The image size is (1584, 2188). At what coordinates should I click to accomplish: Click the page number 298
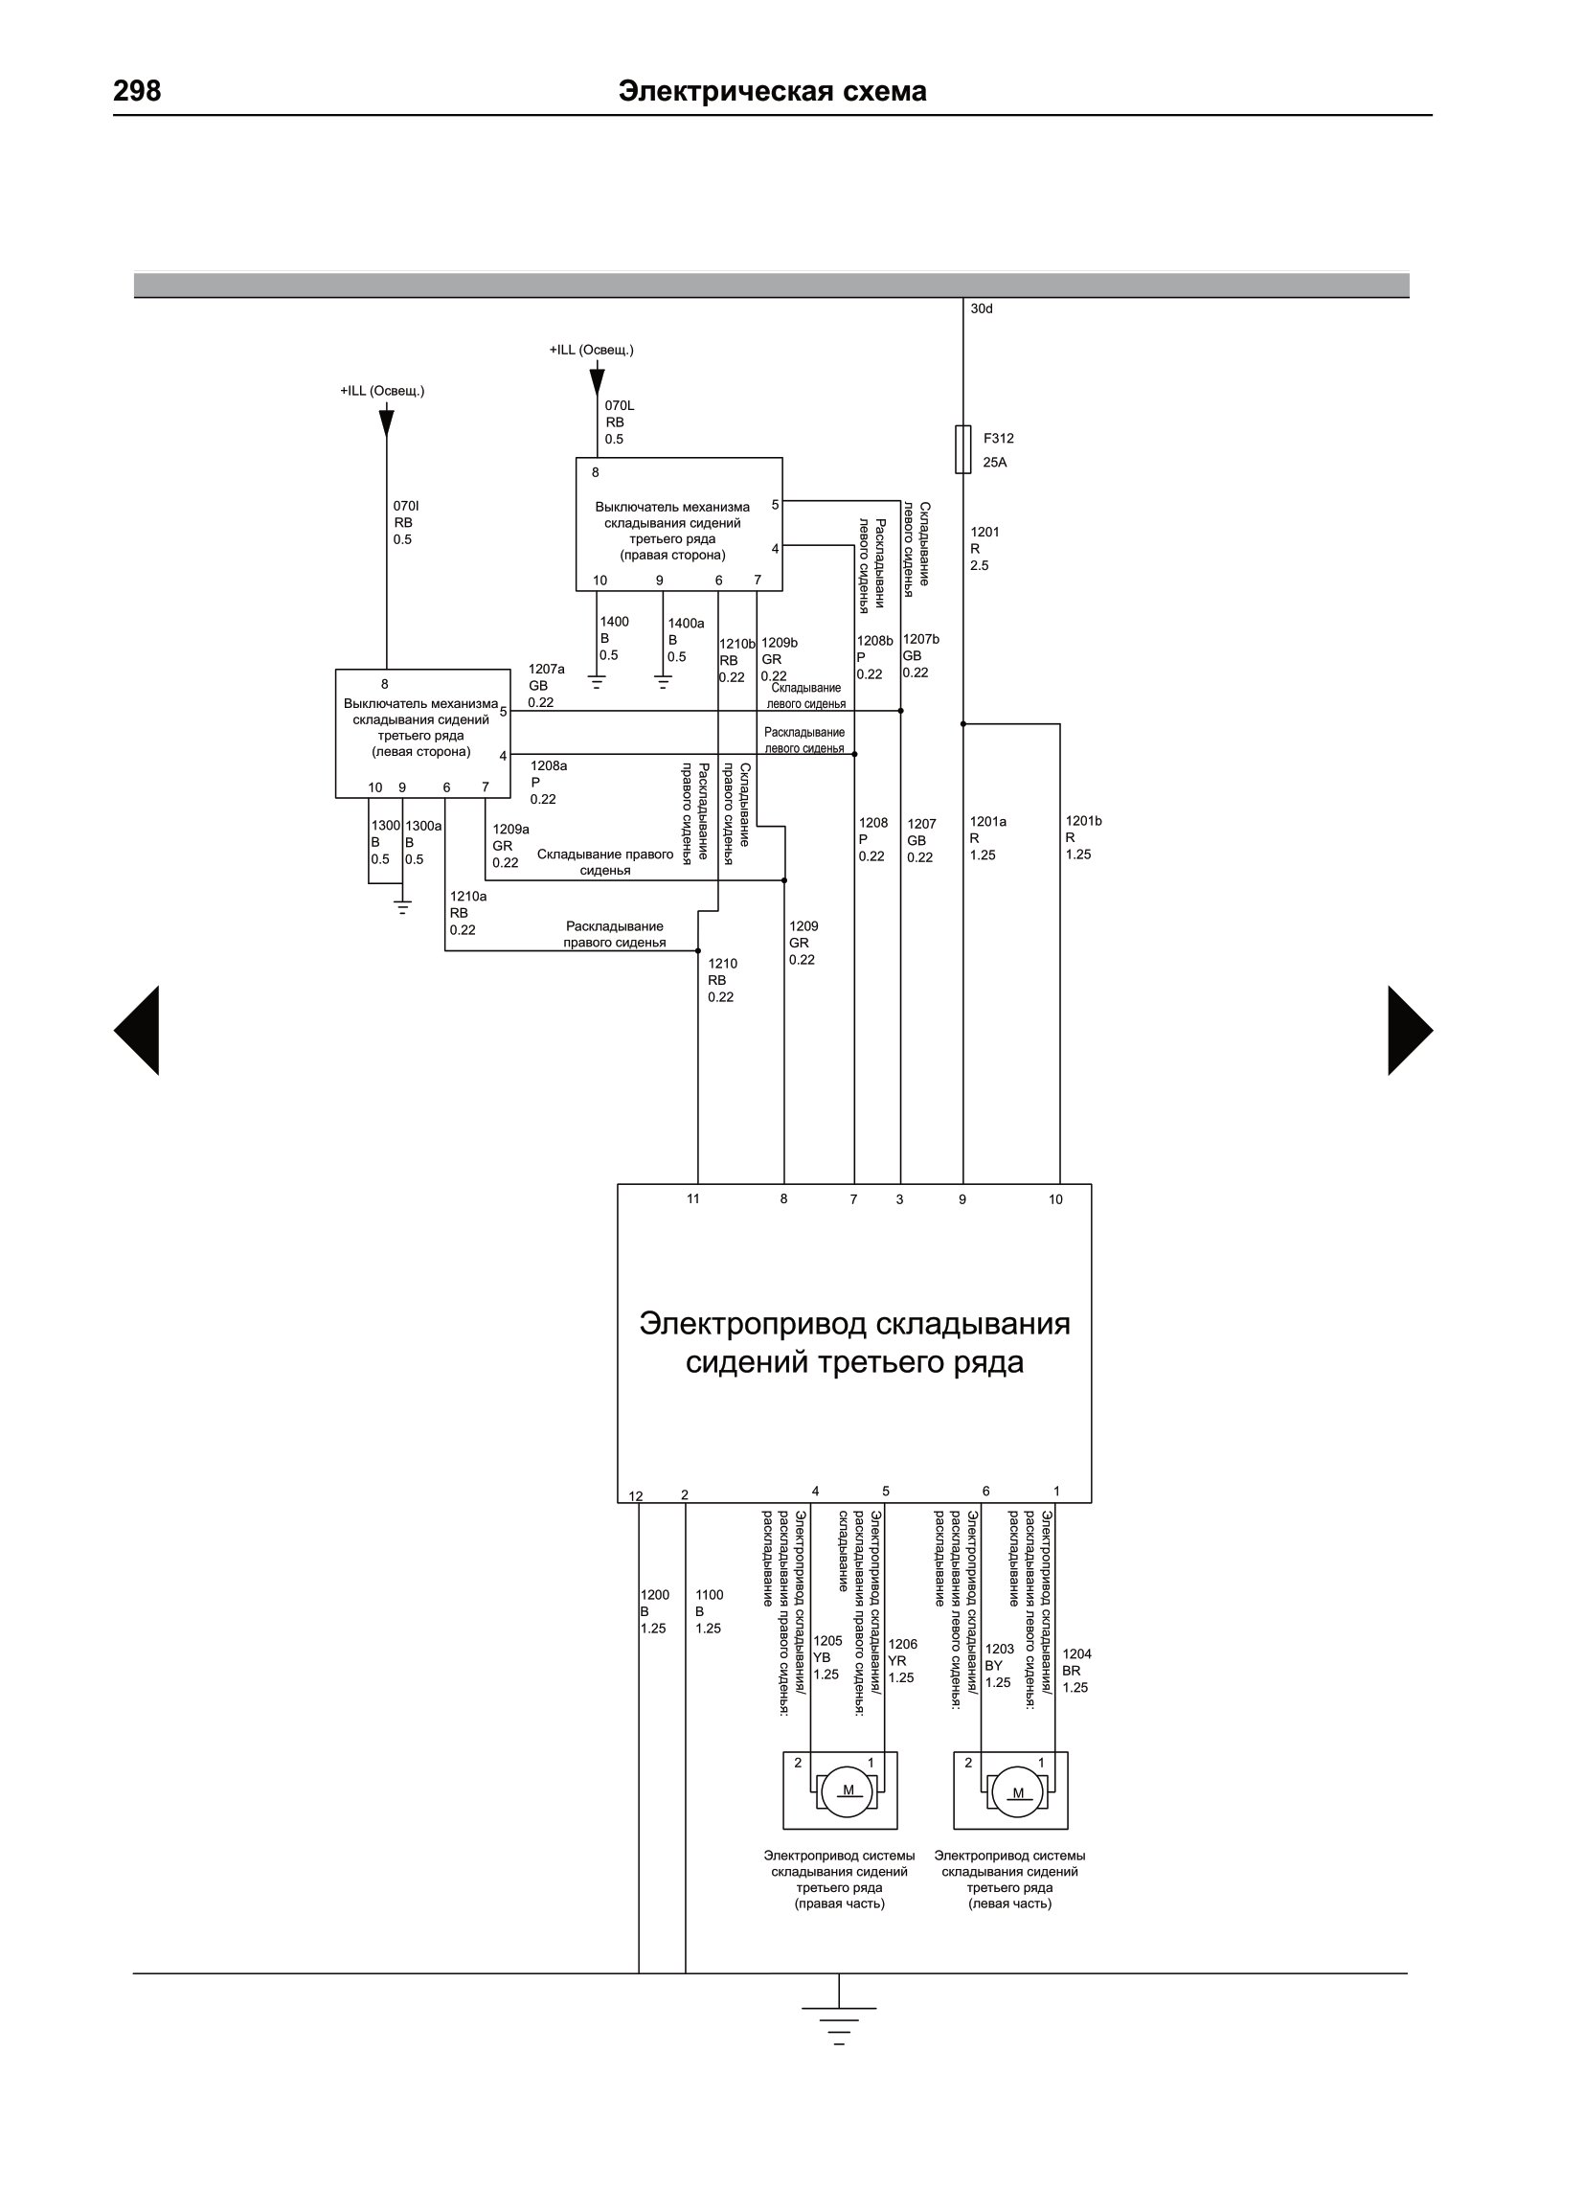pos(137,91)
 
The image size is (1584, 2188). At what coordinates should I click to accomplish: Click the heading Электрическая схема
pos(772,91)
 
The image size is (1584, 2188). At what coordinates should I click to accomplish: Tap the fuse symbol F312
pos(962,449)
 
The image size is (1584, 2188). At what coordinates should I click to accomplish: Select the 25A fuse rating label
pos(995,462)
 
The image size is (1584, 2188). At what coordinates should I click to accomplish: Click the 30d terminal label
pos(981,308)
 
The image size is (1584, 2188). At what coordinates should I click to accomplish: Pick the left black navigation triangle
pos(136,1031)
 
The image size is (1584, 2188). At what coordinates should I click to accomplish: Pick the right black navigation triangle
pos(1411,1031)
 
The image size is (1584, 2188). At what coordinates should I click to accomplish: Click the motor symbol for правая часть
pos(848,1791)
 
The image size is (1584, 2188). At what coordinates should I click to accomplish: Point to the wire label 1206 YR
pos(902,1661)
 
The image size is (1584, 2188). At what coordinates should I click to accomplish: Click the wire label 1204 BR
pos(1076,1671)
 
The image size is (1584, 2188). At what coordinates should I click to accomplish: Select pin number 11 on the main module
pos(692,1199)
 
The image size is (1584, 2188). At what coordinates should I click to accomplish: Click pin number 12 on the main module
pos(636,1496)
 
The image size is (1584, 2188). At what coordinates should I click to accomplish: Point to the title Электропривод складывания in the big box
pos(854,1323)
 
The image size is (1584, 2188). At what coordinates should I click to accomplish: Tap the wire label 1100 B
pos(709,1612)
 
